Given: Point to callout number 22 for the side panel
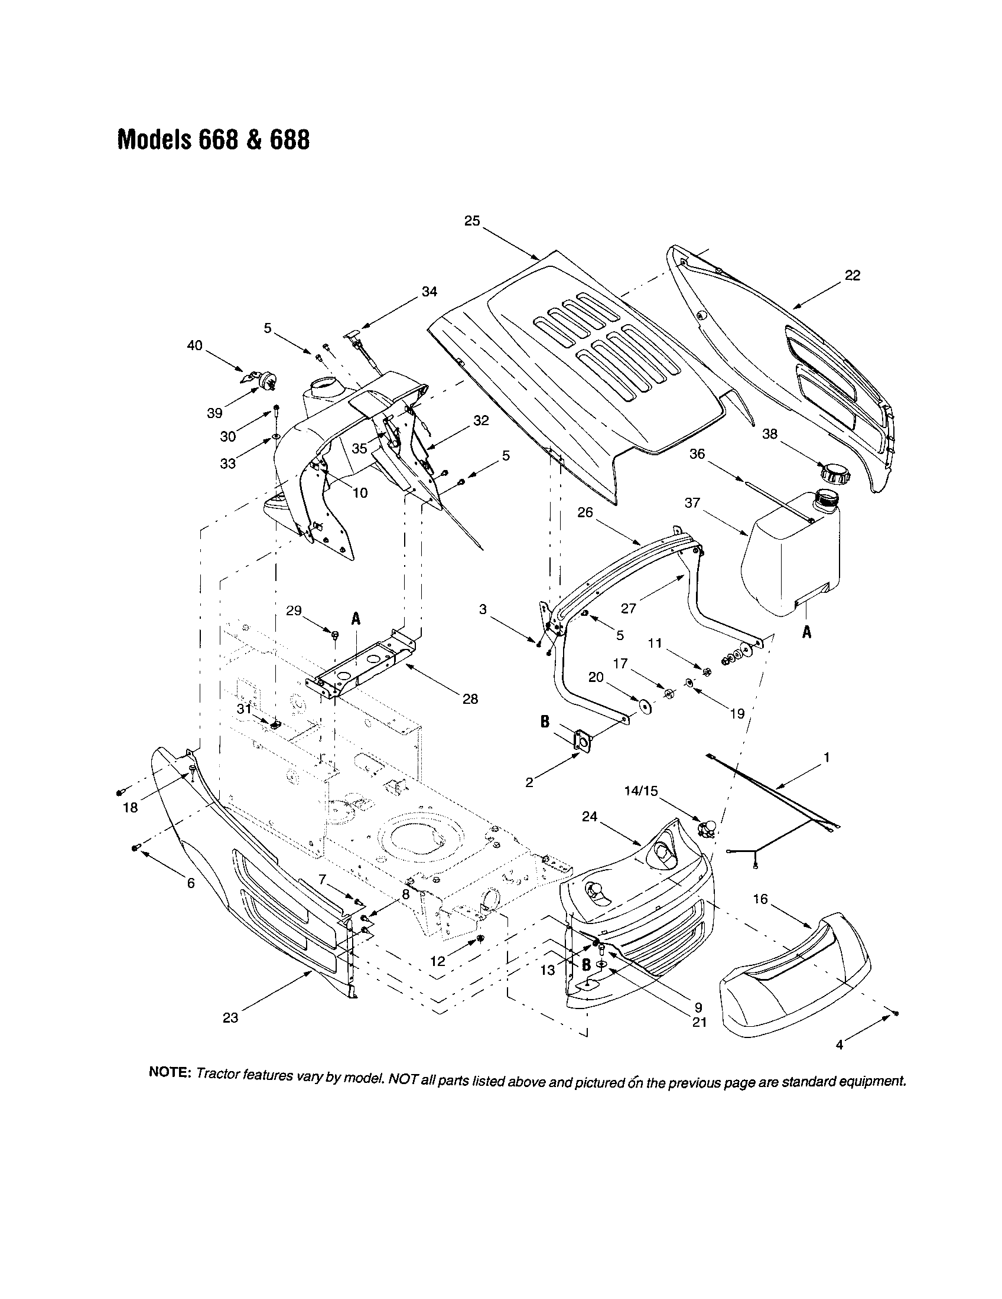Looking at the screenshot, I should [x=852, y=276].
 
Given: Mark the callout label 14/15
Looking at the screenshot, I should [x=641, y=791].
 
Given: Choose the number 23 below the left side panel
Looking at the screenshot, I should [x=230, y=1018].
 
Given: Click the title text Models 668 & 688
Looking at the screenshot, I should [x=214, y=141].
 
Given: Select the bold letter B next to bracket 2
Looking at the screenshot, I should [x=545, y=722].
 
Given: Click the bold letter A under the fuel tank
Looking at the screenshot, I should [x=806, y=633].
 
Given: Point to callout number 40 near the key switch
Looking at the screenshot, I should [x=194, y=345].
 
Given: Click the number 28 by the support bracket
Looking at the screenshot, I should [x=470, y=699].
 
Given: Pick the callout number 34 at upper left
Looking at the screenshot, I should [x=429, y=292].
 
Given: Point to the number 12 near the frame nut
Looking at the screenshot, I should [x=437, y=961].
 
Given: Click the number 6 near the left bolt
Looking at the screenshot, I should [x=190, y=883].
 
